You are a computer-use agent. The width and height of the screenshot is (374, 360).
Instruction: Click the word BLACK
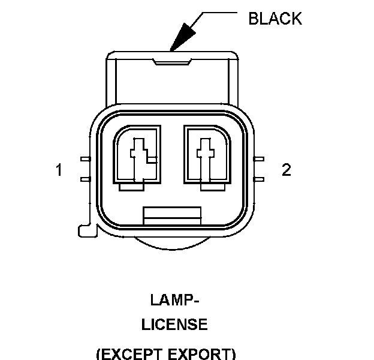click(x=275, y=19)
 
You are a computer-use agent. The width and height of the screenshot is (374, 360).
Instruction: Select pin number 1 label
click(x=59, y=170)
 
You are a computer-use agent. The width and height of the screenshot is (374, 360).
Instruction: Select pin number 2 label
click(x=286, y=170)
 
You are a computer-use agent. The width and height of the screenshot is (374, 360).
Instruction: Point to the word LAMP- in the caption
click(x=174, y=299)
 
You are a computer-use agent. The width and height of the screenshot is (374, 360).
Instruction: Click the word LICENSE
click(x=174, y=325)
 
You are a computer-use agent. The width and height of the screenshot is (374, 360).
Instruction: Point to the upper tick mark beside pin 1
click(x=85, y=160)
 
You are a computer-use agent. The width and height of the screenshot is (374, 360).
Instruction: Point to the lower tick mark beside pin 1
click(x=85, y=178)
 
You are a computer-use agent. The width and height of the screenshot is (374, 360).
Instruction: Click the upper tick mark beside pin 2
click(x=260, y=160)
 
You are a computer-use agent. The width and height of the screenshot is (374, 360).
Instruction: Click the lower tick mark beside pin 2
click(x=260, y=178)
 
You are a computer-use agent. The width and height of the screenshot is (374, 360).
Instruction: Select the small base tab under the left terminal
click(x=133, y=187)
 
